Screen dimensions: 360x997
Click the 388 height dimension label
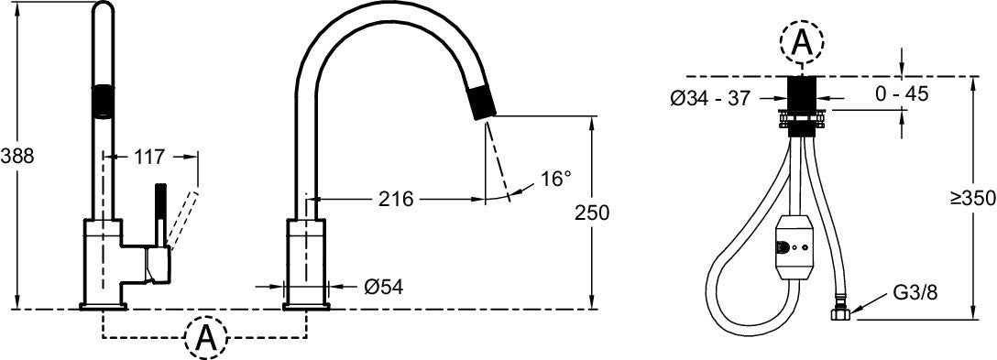(x=17, y=156)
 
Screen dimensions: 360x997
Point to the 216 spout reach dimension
(x=395, y=198)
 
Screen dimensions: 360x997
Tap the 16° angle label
(x=555, y=179)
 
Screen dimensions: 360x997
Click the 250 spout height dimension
(x=592, y=213)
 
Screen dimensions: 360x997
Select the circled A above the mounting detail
(x=801, y=39)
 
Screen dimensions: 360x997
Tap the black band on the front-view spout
(x=106, y=102)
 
